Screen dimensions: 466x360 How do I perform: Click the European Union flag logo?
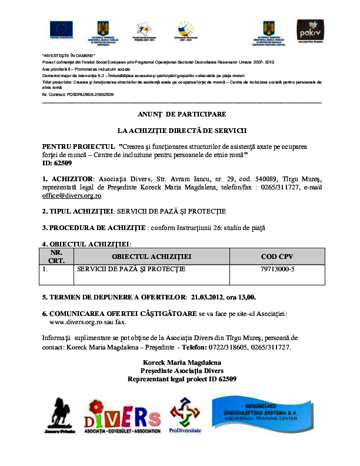coord(61,29)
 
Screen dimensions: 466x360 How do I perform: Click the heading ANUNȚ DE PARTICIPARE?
coord(182,114)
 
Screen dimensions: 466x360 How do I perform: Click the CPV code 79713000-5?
coord(277,269)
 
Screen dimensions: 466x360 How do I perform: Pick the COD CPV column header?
coord(277,257)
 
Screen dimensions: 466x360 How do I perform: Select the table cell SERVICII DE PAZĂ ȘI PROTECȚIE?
coord(131,269)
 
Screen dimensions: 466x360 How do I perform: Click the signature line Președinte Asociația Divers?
coord(181,371)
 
